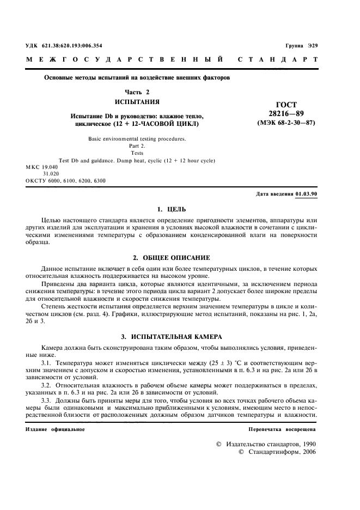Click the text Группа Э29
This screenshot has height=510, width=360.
tap(301, 46)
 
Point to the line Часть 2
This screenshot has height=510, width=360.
tap(137, 92)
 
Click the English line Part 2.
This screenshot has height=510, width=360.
tap(137, 146)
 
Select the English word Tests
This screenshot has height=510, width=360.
tap(137, 153)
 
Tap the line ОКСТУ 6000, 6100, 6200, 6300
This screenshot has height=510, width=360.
tap(66, 180)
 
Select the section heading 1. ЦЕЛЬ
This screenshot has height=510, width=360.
tap(171, 209)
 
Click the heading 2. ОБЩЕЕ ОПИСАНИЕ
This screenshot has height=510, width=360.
tap(171, 257)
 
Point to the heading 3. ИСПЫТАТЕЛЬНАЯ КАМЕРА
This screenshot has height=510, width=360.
tap(171, 337)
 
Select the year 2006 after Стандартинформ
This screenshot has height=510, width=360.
tap(307, 452)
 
